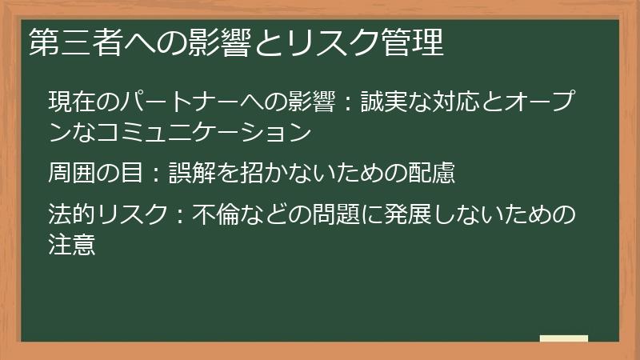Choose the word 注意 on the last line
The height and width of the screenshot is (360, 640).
click(x=73, y=243)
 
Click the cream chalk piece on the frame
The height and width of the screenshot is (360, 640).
click(x=565, y=338)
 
